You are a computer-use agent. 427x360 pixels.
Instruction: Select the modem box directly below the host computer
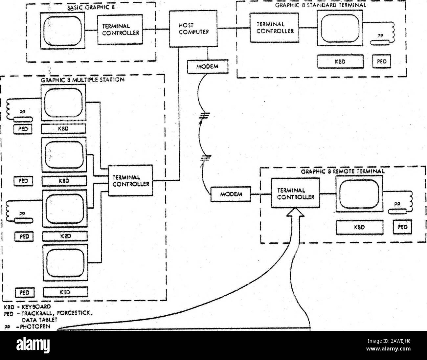208,67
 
